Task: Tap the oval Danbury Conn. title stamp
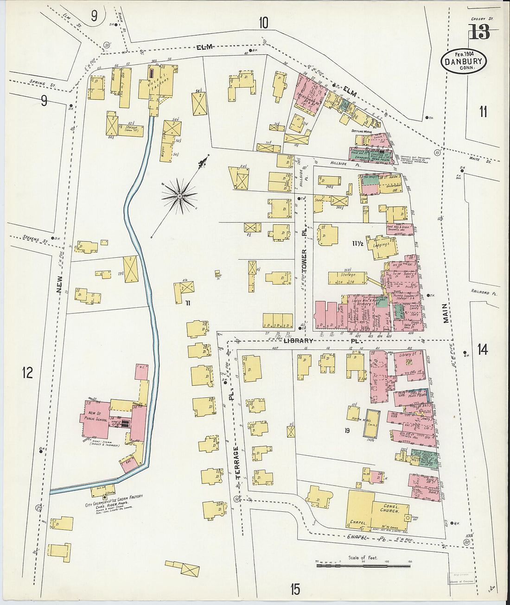463,62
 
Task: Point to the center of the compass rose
179,197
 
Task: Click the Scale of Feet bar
363,565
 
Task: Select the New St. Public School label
96,416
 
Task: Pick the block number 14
483,350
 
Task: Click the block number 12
27,372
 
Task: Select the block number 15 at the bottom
295,590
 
